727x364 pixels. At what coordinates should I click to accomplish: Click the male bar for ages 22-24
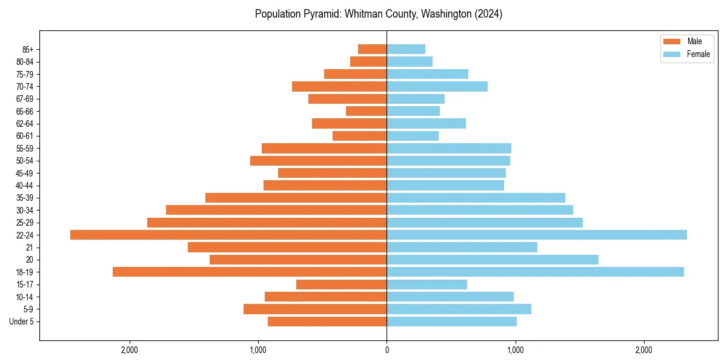coord(228,235)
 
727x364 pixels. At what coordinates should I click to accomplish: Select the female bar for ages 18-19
coord(535,272)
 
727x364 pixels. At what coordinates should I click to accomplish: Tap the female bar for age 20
coord(493,260)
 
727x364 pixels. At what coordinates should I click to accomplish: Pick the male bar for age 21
coord(287,247)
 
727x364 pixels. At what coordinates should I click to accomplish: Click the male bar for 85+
coord(373,49)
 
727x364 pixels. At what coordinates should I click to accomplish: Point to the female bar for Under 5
coord(452,322)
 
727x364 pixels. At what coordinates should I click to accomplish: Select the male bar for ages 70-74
coord(339,86)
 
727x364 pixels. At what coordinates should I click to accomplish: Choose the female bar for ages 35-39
coord(476,198)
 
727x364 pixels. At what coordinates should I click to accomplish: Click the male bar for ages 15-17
coord(342,285)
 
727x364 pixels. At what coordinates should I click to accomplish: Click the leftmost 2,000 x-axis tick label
coord(130,349)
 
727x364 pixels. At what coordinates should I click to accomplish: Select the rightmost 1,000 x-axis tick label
coord(516,349)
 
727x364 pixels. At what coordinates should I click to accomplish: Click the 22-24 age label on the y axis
coord(25,235)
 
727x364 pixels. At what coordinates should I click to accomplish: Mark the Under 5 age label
coord(21,322)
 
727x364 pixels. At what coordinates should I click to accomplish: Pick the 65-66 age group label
coord(25,112)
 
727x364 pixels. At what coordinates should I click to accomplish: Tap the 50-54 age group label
coord(25,161)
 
